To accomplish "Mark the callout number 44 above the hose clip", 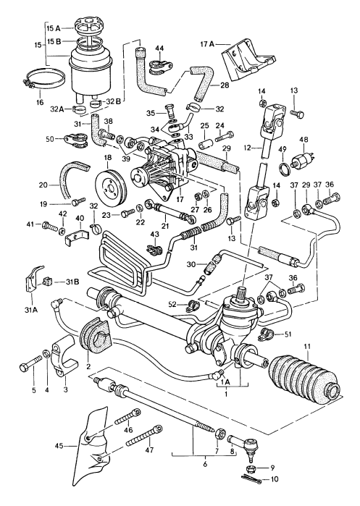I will tap(159, 48).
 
